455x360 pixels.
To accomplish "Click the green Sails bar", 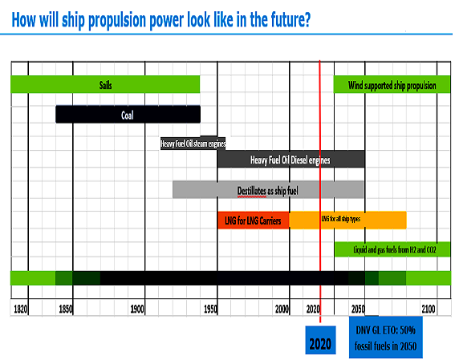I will (105, 84).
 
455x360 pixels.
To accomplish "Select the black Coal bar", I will (128, 115).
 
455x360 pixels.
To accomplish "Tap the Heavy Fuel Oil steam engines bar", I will (193, 144).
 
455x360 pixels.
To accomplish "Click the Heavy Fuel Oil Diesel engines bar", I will (290, 160).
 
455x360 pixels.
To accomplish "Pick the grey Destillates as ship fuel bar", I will (268, 190).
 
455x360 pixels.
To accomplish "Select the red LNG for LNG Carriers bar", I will (253, 220).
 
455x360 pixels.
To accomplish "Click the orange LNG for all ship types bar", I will (347, 220).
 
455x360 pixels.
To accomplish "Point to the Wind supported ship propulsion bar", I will (392, 84).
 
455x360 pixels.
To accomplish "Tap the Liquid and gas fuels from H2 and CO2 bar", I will (392, 249).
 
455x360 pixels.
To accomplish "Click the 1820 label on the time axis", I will (21, 309).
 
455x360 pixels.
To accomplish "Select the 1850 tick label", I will (66, 309).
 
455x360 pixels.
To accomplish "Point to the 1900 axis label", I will (138, 309).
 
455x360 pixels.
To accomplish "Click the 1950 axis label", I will (211, 309).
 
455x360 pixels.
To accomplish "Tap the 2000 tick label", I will (282, 309).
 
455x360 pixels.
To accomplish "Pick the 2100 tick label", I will (429, 309).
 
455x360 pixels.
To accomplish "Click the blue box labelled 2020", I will (320, 343).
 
